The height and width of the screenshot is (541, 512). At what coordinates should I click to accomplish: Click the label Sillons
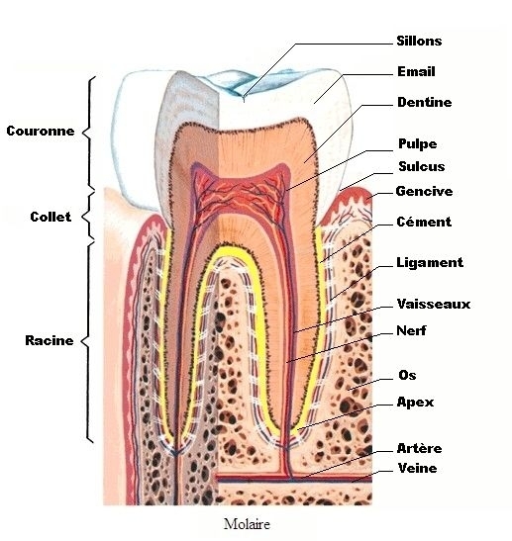click(419, 42)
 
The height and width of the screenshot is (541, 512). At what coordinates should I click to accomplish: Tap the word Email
click(416, 72)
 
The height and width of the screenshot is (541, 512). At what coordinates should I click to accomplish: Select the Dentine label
click(425, 102)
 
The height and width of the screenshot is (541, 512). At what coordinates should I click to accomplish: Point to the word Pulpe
click(417, 143)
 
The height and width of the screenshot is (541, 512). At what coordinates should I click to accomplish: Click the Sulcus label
click(422, 166)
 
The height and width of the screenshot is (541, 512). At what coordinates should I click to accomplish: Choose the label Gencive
click(424, 191)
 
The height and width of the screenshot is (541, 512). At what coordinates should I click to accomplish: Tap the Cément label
click(424, 222)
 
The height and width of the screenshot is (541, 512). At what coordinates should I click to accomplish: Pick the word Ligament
click(430, 263)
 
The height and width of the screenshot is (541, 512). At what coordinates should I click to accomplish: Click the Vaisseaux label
click(434, 304)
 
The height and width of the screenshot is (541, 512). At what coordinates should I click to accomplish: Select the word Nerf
click(411, 330)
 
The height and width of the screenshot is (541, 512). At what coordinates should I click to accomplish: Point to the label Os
click(407, 375)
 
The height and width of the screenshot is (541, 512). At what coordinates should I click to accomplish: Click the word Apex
click(415, 403)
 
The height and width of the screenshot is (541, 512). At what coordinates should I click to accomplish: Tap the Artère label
click(420, 448)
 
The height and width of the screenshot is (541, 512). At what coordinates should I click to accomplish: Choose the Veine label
click(417, 468)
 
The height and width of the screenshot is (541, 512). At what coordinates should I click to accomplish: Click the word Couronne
click(41, 131)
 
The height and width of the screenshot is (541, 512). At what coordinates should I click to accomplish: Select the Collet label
click(51, 217)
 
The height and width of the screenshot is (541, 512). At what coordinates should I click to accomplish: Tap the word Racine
click(50, 340)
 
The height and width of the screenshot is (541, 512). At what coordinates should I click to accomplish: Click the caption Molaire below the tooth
click(247, 524)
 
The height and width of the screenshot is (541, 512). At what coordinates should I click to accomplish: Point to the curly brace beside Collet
click(88, 216)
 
